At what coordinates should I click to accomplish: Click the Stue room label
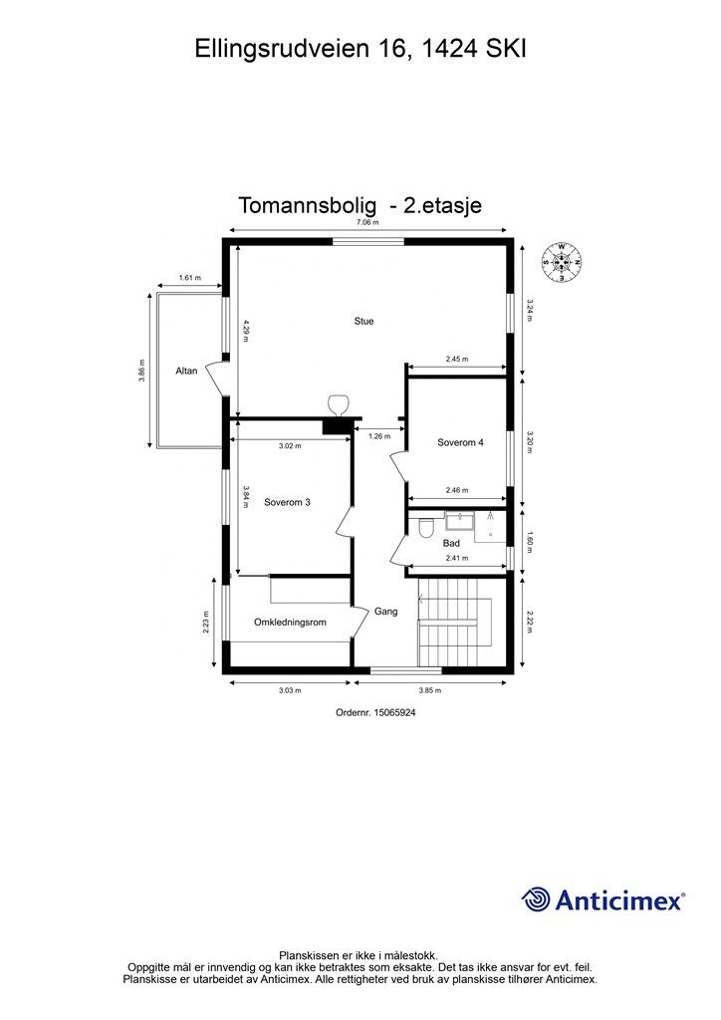point(363,322)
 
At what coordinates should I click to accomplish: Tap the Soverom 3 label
point(287,503)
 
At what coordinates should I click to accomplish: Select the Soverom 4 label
point(460,442)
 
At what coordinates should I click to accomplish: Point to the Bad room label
point(451,543)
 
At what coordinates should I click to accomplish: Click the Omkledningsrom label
point(290,623)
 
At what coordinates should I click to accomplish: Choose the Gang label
point(385,612)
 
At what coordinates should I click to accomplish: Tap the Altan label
point(186,371)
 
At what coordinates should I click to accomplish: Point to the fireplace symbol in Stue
point(339,404)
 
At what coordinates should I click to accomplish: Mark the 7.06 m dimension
point(367,223)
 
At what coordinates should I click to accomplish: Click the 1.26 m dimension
point(379,435)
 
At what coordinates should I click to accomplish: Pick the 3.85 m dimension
point(430,689)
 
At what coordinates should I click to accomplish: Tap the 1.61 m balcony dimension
point(189,278)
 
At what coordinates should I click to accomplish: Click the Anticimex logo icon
point(536,899)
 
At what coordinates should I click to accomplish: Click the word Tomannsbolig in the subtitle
point(308,205)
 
